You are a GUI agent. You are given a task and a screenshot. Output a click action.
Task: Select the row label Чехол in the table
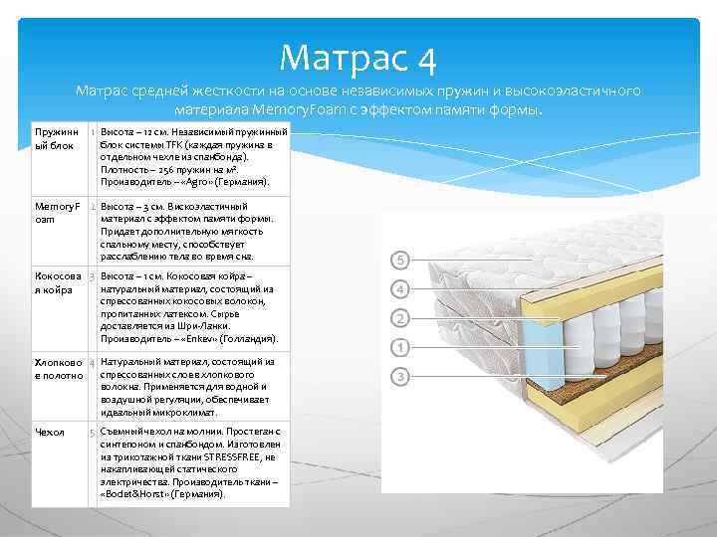pyautogui.click(x=50, y=432)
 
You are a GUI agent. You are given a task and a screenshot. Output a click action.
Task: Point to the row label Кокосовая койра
pyautogui.click(x=58, y=281)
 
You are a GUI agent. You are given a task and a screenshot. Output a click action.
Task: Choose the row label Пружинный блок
pyautogui.click(x=56, y=138)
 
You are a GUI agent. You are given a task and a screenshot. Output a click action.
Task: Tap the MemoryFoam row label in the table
pyautogui.click(x=56, y=212)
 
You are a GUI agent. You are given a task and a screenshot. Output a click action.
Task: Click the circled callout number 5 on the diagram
pyautogui.click(x=399, y=260)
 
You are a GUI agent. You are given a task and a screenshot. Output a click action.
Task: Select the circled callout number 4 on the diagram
pyautogui.click(x=399, y=289)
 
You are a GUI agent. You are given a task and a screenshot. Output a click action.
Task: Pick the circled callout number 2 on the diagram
pyautogui.click(x=399, y=319)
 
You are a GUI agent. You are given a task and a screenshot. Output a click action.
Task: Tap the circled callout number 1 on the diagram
pyautogui.click(x=399, y=348)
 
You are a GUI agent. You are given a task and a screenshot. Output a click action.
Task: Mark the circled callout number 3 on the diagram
pyautogui.click(x=399, y=377)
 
